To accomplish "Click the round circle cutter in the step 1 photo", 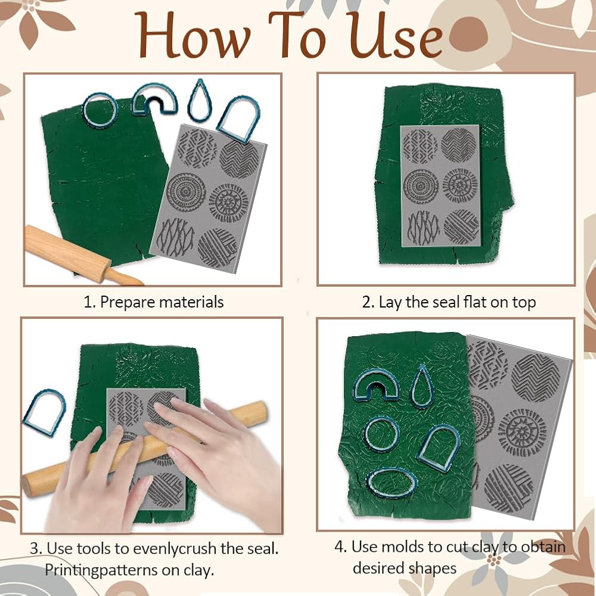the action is point(100,111).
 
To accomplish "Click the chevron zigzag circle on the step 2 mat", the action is point(458,145).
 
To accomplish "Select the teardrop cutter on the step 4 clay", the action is point(421,386).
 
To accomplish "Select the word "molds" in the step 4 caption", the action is point(402,547).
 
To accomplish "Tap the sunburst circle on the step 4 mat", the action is point(522,433).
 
